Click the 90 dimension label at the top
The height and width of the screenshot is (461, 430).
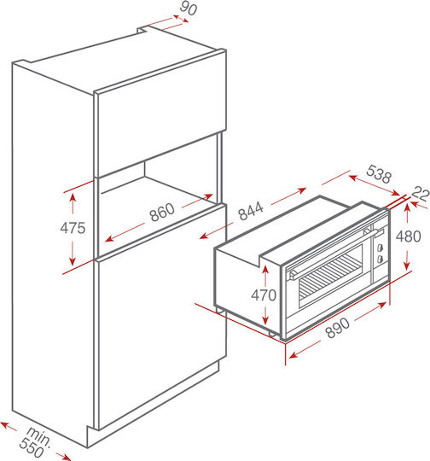[189, 8]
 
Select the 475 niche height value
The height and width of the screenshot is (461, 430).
[73, 228]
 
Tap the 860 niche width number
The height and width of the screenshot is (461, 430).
[162, 212]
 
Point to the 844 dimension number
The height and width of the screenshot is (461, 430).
[251, 211]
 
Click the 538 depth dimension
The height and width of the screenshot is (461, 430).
[379, 174]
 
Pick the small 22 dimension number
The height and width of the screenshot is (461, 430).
[421, 194]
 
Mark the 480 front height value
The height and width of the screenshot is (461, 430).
[409, 236]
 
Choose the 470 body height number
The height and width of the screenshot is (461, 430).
[264, 295]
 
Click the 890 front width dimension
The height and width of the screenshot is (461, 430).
[338, 327]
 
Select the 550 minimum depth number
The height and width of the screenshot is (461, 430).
[32, 448]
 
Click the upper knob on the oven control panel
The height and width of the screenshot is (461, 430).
[380, 248]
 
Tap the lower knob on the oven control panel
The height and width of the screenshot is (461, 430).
[380, 259]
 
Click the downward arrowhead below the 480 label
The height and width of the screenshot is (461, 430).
[407, 266]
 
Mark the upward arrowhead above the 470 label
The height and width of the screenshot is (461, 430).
[265, 269]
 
